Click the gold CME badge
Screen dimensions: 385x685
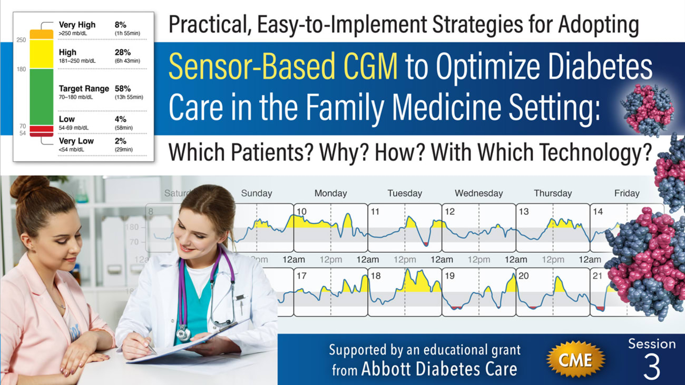(575, 360)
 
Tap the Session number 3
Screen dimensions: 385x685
(651, 368)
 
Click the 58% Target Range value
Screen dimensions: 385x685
(123, 88)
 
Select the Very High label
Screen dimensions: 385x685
(77, 25)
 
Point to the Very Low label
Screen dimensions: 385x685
(76, 141)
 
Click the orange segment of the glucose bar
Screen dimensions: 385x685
(41, 34)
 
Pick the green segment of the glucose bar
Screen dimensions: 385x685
(41, 97)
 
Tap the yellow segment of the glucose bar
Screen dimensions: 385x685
(41, 54)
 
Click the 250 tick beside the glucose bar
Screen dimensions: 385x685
(21, 40)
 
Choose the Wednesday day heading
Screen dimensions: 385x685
(478, 193)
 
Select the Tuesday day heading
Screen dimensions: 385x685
(405, 193)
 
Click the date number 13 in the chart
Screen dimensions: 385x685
(524, 212)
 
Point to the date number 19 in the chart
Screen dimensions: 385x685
(449, 276)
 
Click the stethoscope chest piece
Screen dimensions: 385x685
(183, 333)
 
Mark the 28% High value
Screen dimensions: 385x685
(122, 52)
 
